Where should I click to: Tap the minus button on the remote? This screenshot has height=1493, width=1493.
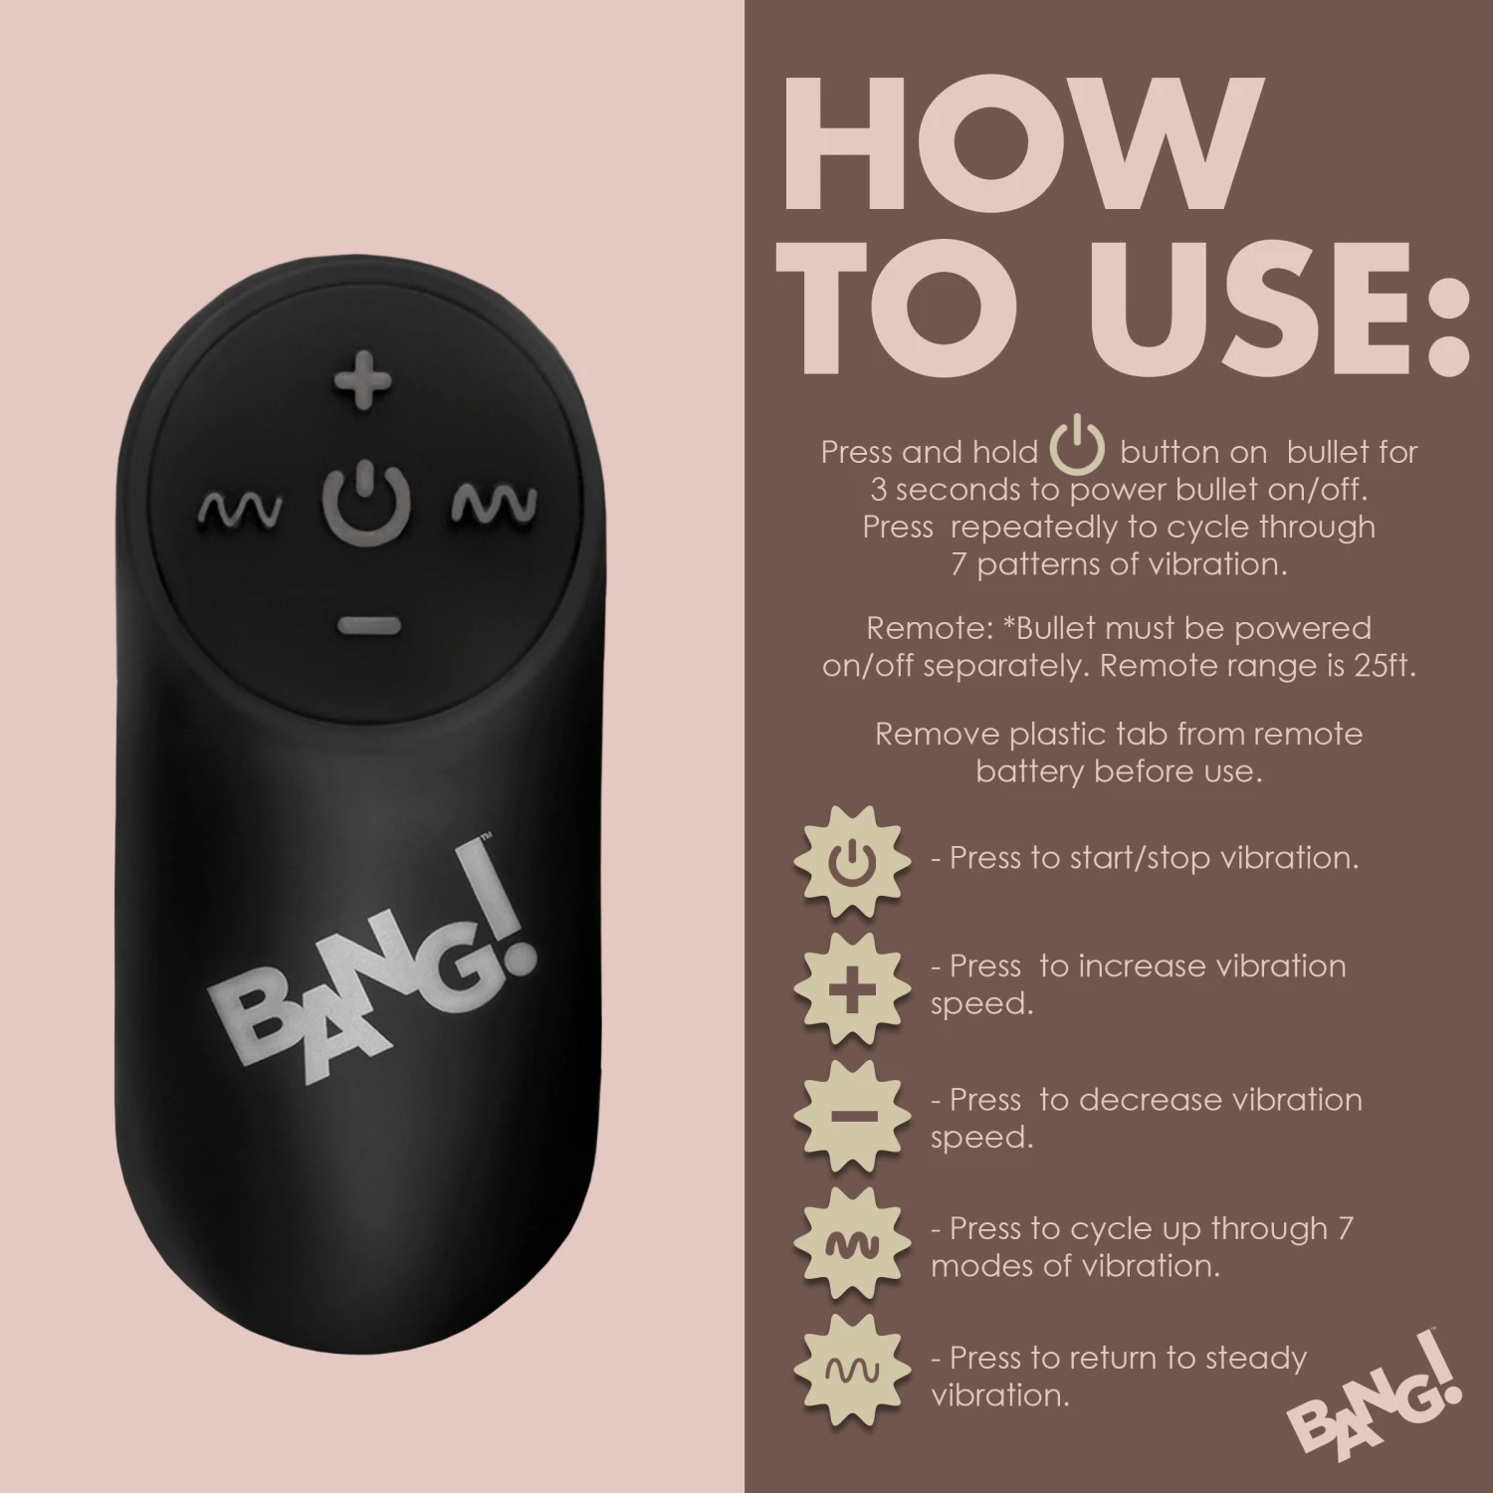[x=367, y=625]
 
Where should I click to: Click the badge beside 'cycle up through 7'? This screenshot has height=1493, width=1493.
[x=851, y=1245]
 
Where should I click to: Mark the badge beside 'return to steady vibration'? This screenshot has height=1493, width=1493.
[x=851, y=1373]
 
